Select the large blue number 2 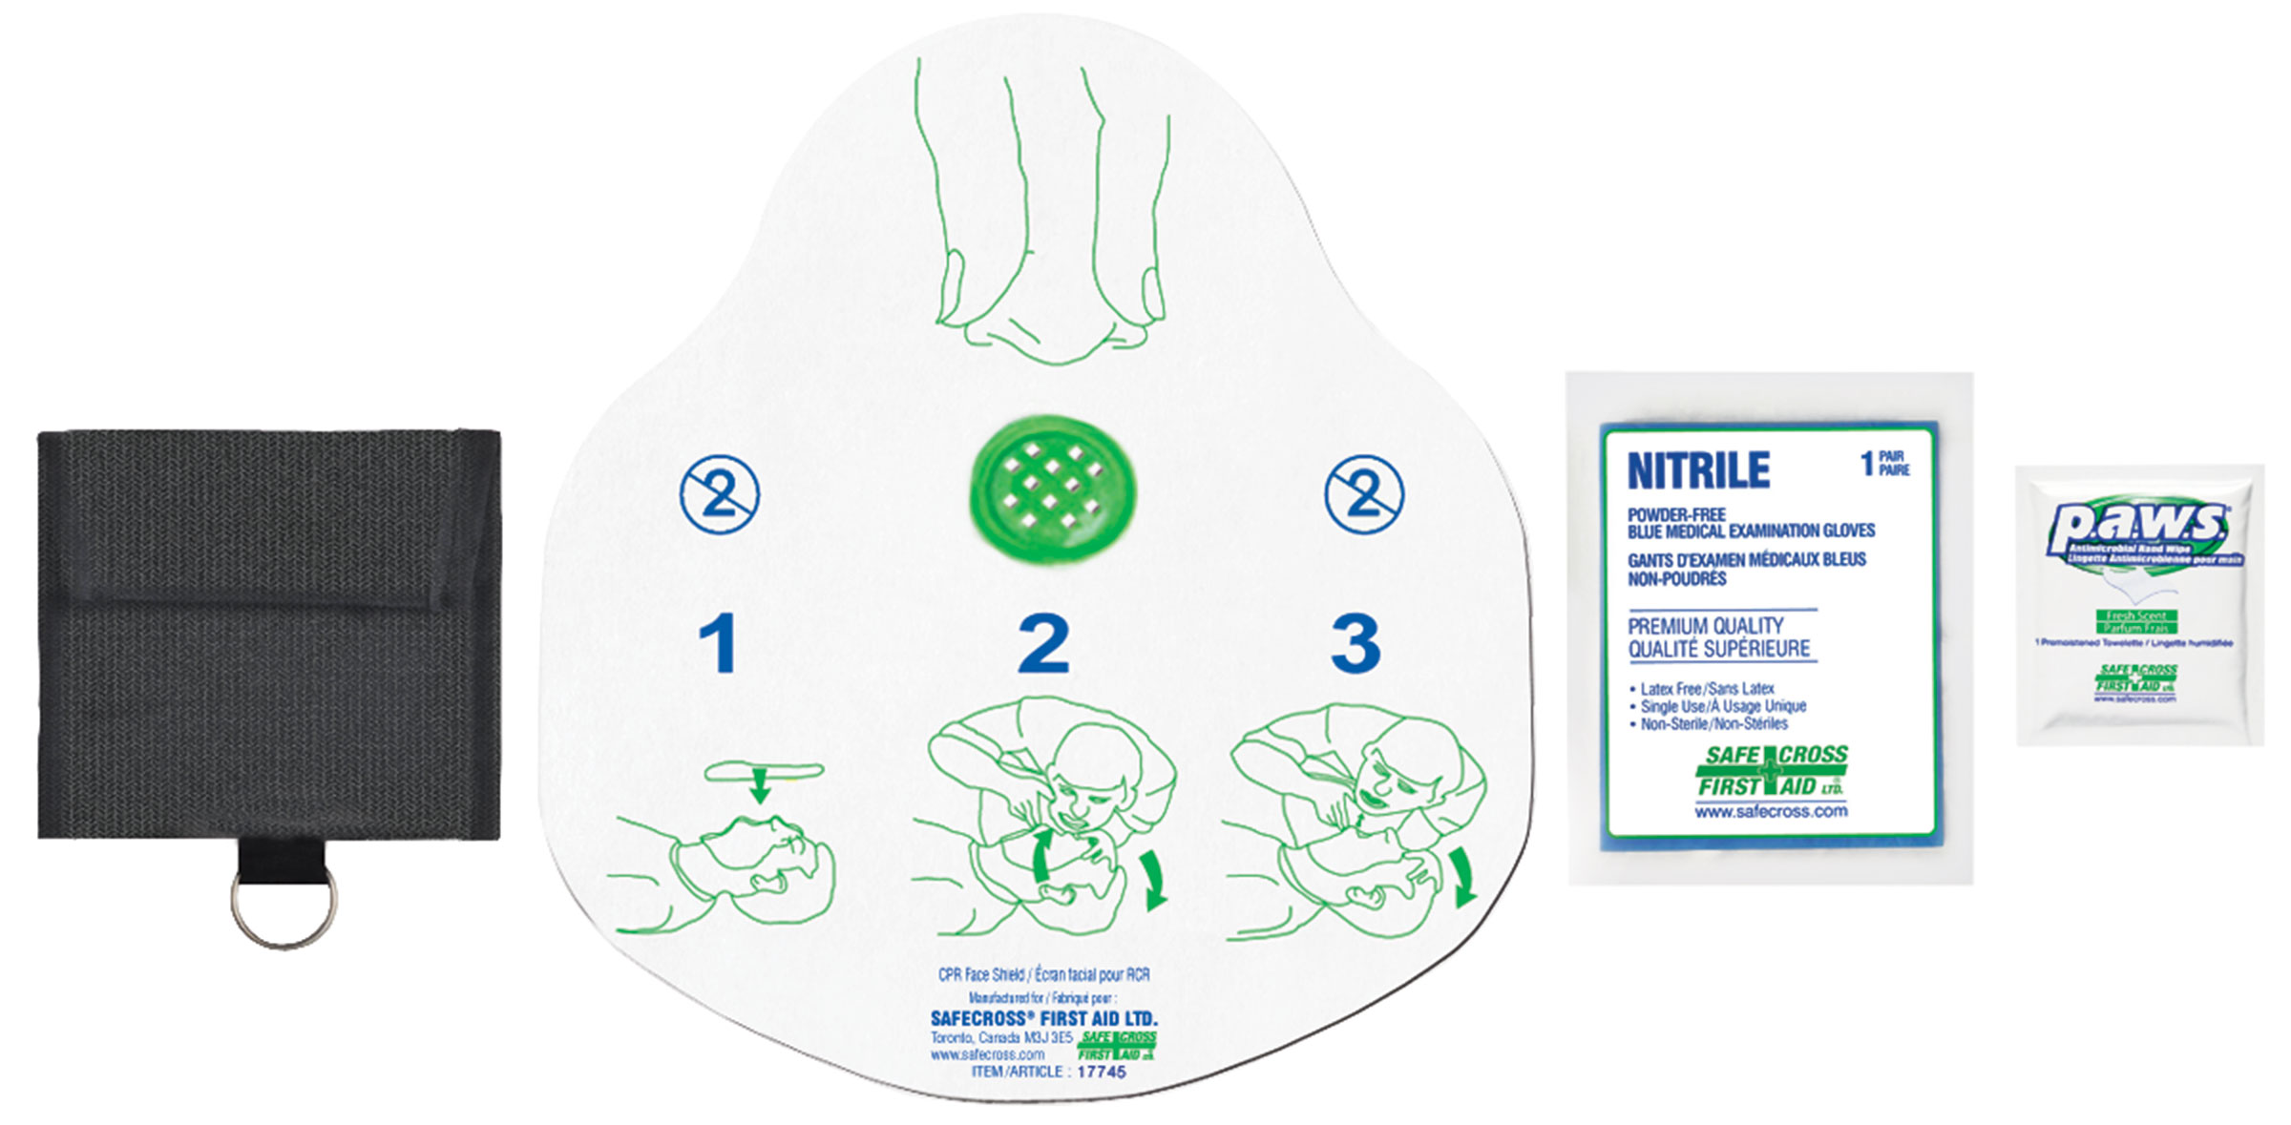tap(1043, 644)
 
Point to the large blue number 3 tap(1356, 644)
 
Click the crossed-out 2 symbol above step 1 tap(719, 495)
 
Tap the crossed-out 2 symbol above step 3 tap(1364, 494)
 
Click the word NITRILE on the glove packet tap(1698, 471)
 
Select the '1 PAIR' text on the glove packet tap(1884, 464)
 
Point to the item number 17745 tap(1102, 1072)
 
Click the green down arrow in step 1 tap(760, 788)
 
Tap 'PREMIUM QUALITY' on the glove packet tap(1705, 626)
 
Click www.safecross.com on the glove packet tap(1771, 812)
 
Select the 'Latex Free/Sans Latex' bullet tap(1706, 688)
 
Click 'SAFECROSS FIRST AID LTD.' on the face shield tap(1043, 1018)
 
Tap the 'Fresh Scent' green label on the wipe tap(2136, 616)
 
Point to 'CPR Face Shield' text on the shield tap(980, 974)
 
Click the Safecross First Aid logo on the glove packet tap(1773, 771)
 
